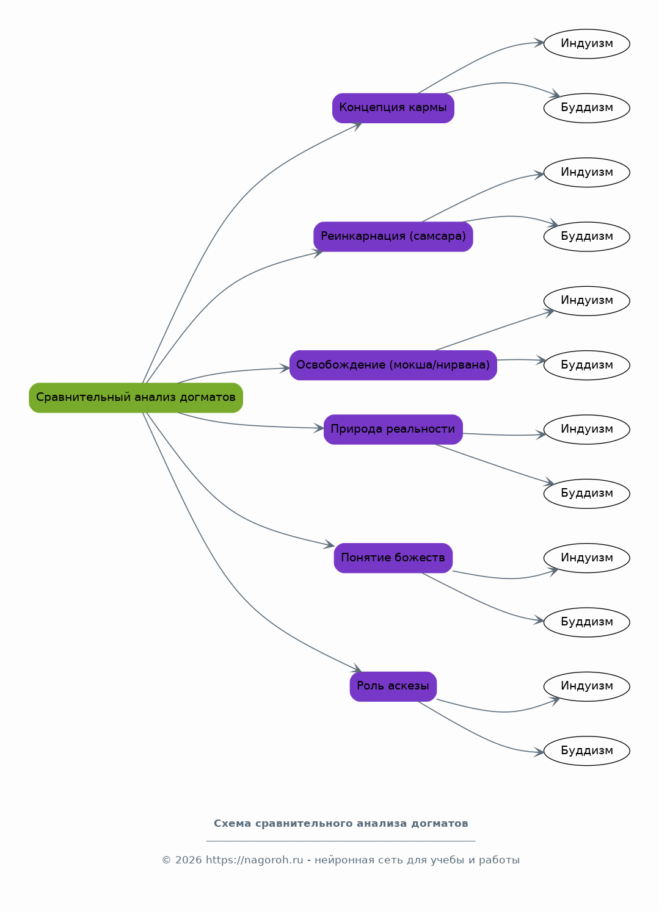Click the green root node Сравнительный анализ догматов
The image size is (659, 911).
(x=136, y=398)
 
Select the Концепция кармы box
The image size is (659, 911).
(x=393, y=108)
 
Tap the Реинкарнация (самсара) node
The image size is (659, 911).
(x=393, y=237)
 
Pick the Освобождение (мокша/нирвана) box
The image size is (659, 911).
(x=393, y=365)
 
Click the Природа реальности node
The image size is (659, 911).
(x=393, y=430)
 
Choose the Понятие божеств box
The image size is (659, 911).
(x=393, y=558)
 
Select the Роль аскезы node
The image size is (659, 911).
(x=393, y=686)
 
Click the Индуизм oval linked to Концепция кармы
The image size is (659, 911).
(x=586, y=44)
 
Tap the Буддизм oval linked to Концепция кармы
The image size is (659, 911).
(x=586, y=108)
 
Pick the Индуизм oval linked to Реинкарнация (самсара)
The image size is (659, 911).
(x=586, y=173)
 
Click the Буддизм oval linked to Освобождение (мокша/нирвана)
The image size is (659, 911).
(x=586, y=365)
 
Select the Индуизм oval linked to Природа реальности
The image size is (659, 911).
(x=586, y=430)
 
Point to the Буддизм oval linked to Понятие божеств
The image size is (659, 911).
(x=586, y=622)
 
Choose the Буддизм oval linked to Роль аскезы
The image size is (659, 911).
(x=586, y=751)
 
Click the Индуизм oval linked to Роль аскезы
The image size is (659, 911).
(x=586, y=686)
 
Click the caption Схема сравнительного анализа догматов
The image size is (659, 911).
(x=341, y=824)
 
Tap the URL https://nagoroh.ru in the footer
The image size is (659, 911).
(x=255, y=860)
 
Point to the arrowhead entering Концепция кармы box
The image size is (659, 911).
(x=357, y=126)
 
